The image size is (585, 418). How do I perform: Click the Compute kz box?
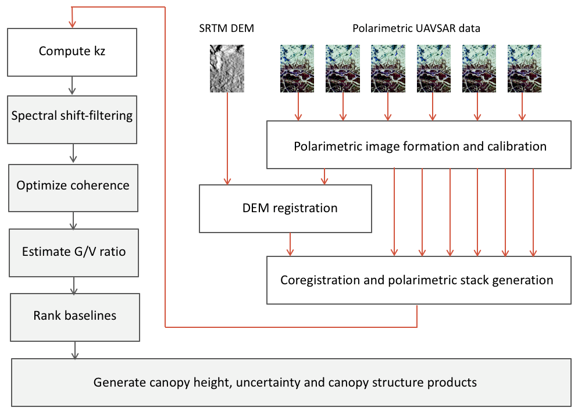pos(72,51)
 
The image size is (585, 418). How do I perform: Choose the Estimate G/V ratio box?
pos(74,252)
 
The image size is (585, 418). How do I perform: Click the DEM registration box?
pos(285,208)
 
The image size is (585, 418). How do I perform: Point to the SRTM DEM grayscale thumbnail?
pos(227,69)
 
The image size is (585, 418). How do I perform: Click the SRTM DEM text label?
pos(227,28)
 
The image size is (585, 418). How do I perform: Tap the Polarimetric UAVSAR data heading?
pos(416,28)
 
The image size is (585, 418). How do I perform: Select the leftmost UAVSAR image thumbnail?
pos(298,69)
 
